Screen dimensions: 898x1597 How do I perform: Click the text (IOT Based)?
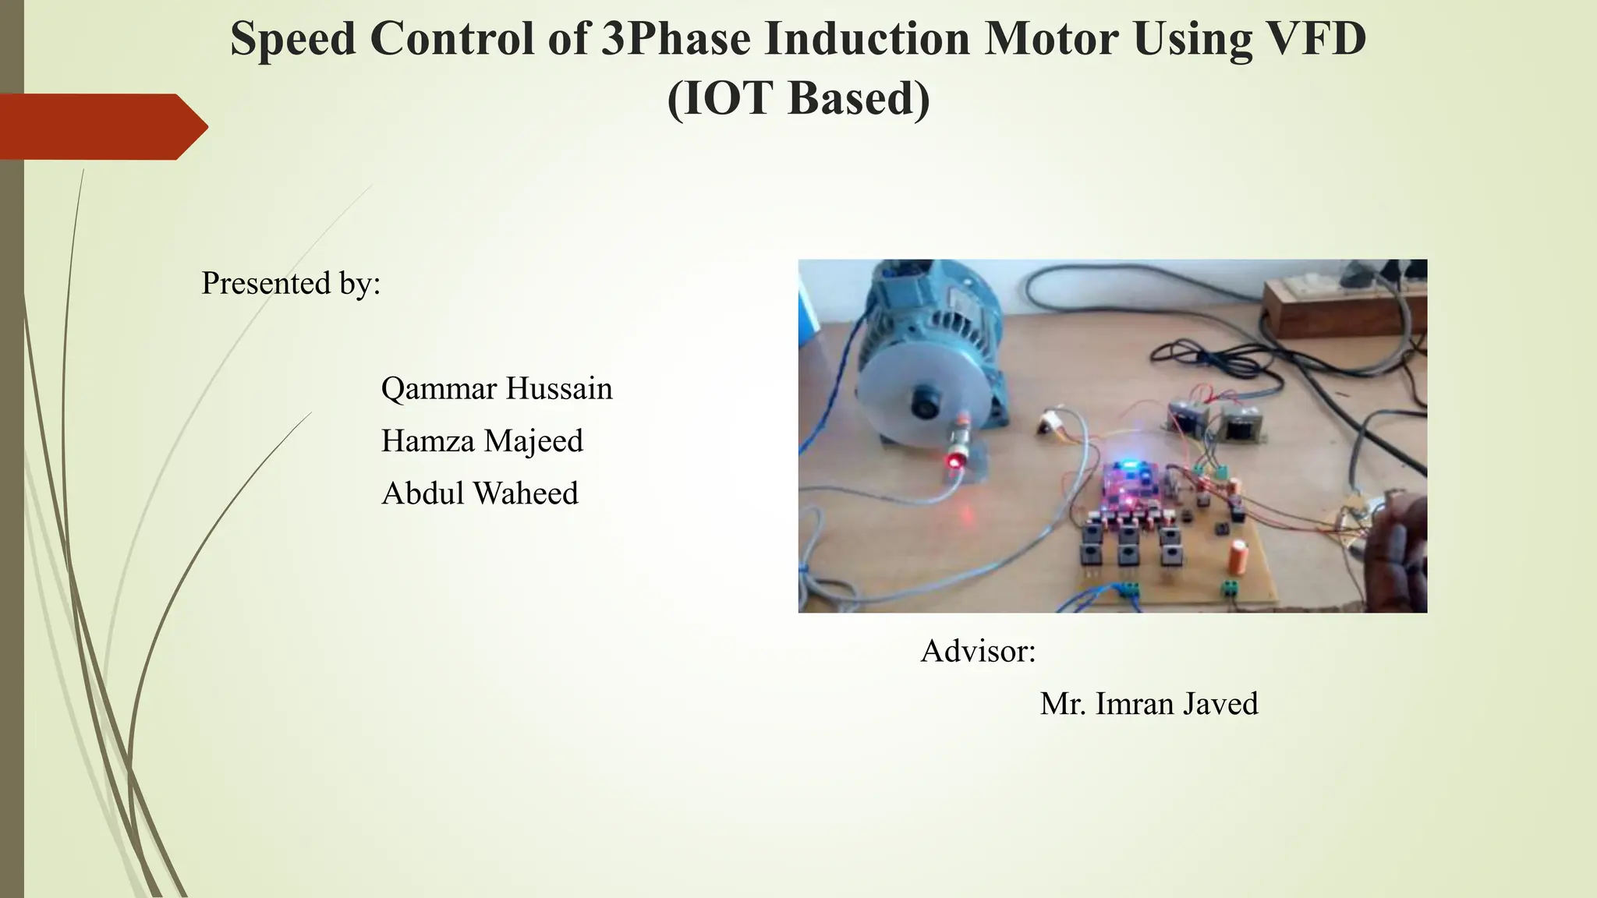(798, 99)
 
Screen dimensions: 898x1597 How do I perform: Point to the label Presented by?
(291, 283)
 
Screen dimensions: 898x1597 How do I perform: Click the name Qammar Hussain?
(497, 388)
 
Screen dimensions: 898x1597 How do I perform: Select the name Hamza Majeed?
(482, 441)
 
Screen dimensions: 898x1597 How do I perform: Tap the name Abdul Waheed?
(480, 493)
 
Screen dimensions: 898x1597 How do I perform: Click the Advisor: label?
(978, 651)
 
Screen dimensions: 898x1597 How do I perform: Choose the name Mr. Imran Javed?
(1149, 704)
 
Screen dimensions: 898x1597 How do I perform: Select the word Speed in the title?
(293, 39)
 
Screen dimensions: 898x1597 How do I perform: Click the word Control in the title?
(451, 39)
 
